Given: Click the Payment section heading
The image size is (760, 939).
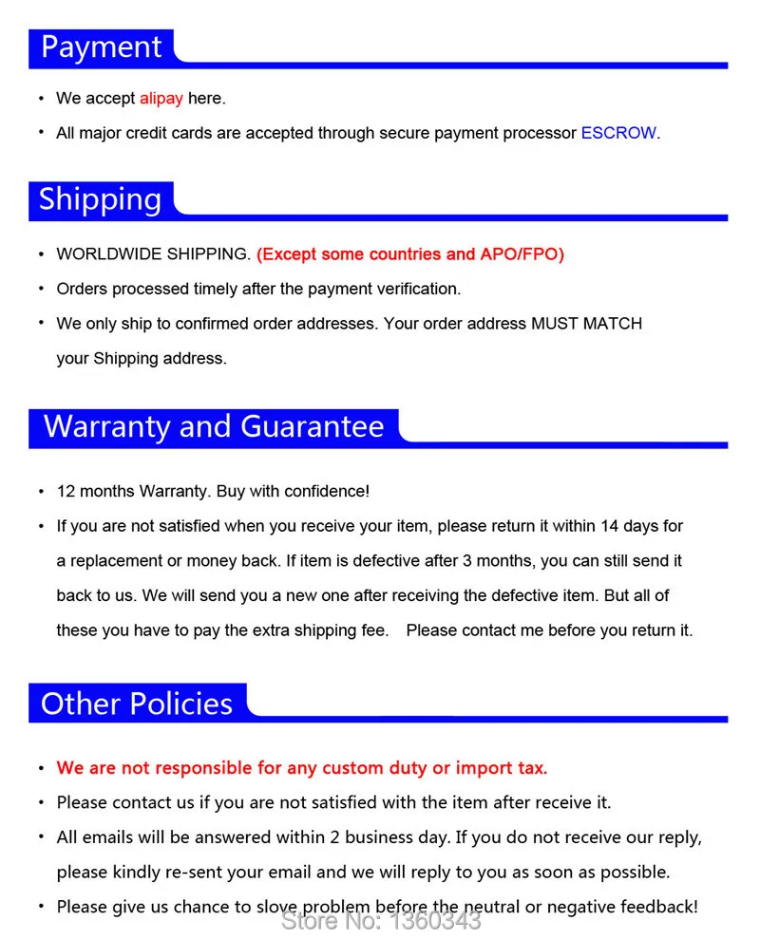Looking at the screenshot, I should (102, 47).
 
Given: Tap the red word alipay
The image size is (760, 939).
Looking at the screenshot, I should (161, 98).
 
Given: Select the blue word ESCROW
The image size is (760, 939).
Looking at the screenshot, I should (617, 133).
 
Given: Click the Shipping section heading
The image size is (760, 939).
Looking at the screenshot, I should (100, 199).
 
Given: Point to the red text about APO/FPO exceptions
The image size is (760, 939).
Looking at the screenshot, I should (409, 254).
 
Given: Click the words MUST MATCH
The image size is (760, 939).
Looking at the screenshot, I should (586, 324).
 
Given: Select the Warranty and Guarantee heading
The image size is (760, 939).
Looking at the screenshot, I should (214, 427).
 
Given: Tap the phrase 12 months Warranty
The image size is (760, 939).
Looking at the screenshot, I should (132, 492).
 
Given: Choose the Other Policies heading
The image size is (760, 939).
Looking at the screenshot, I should (137, 704).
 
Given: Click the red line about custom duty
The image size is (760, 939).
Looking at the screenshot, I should (302, 768).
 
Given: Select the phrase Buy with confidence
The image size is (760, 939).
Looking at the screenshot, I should (293, 492).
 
